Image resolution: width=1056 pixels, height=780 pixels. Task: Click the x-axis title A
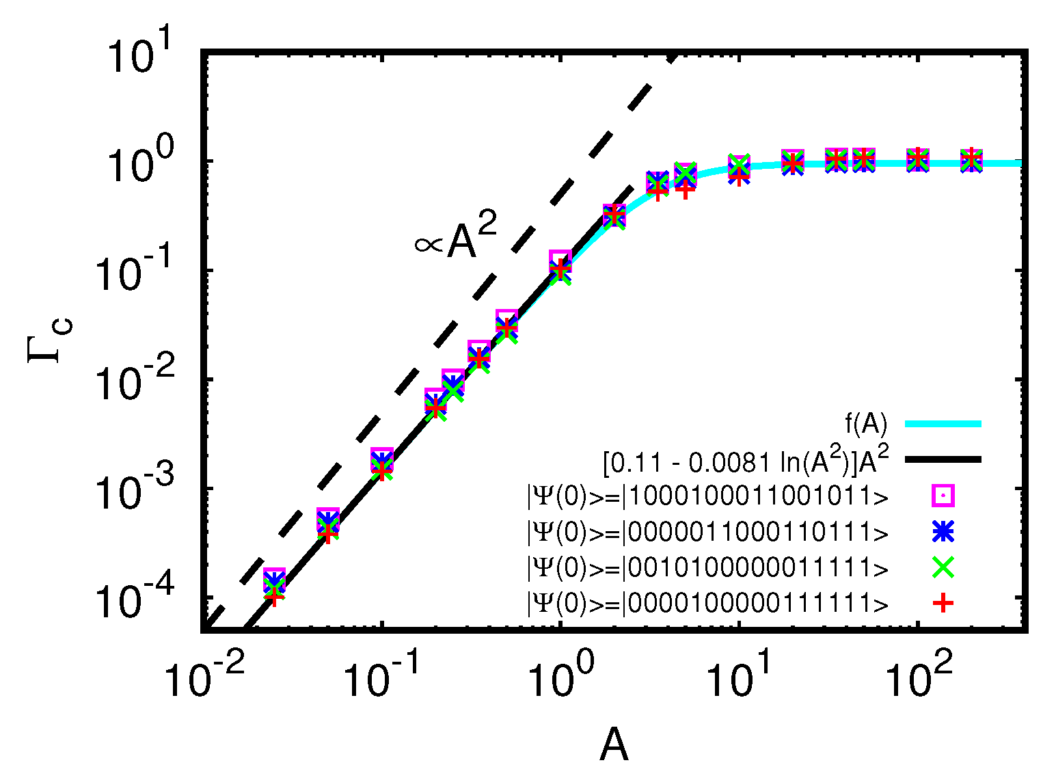(613, 744)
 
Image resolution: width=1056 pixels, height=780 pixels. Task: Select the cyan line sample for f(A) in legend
(943, 424)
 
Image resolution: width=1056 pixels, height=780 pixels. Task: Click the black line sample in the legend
(943, 459)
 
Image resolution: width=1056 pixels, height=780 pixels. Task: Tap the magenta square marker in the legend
(943, 495)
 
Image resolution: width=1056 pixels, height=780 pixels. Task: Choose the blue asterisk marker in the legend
(943, 530)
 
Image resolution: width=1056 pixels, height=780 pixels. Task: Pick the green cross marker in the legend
(943, 566)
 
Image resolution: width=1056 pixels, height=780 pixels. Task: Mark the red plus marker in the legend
(943, 602)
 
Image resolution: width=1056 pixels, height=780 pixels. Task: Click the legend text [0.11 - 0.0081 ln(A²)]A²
(746, 461)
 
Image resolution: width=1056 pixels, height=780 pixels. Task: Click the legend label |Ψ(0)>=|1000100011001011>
(707, 496)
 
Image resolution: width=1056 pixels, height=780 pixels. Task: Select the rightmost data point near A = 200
(971, 160)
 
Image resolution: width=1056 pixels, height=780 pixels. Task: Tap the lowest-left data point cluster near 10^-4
(274, 586)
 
